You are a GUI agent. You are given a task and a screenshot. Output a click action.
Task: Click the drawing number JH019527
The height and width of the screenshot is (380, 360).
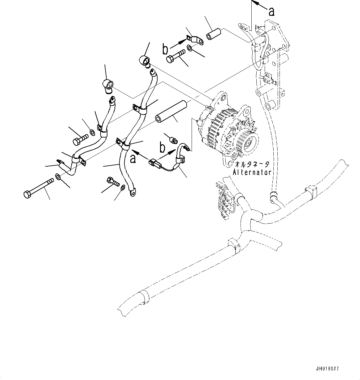click(327, 369)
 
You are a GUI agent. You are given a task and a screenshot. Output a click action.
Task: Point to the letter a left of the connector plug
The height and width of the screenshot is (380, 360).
click(133, 159)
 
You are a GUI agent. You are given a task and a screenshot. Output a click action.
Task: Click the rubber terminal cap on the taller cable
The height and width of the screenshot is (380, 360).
click(144, 60)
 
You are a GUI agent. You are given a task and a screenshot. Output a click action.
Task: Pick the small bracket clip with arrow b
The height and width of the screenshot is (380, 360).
click(195, 40)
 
